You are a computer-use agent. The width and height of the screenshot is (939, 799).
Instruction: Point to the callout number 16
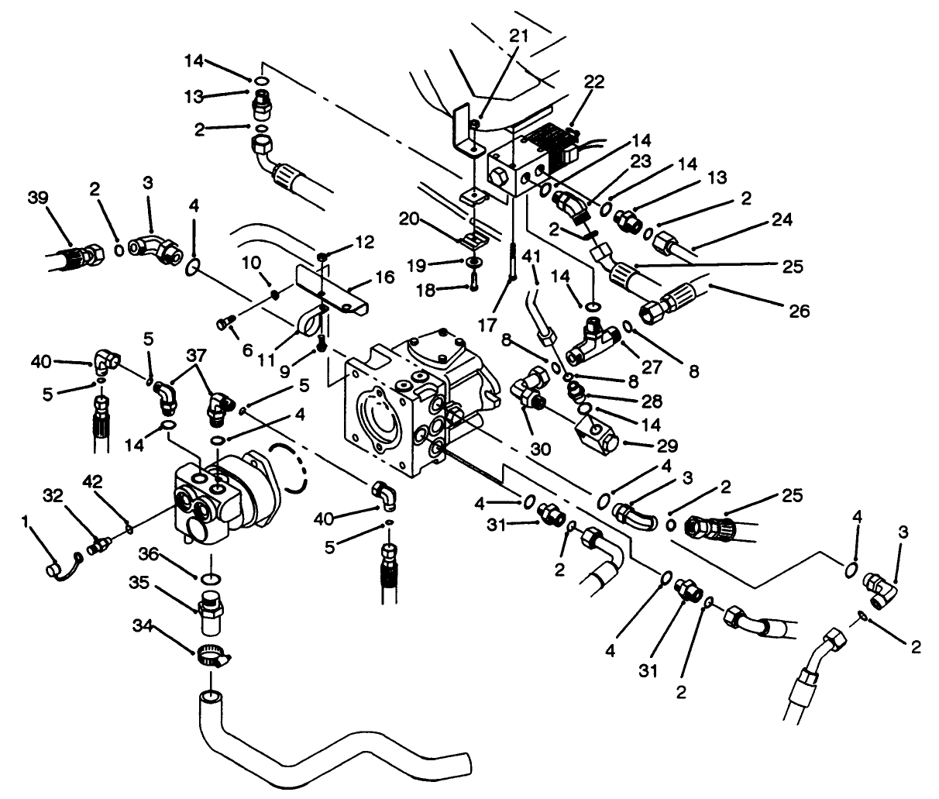[x=385, y=277]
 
